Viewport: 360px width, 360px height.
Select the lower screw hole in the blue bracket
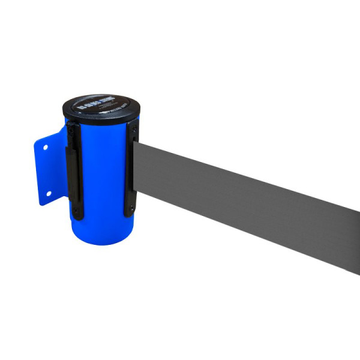click(49, 193)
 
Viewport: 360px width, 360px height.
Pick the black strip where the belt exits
click(131, 171)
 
